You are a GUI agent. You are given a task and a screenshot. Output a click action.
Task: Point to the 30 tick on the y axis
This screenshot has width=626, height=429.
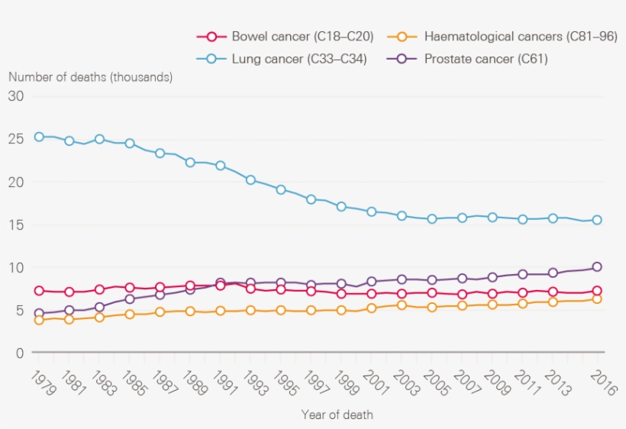(x=17, y=96)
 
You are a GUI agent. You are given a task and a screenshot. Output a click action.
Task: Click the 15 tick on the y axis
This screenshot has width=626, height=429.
(x=17, y=225)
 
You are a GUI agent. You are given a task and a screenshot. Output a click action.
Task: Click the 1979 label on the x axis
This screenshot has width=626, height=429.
(x=37, y=381)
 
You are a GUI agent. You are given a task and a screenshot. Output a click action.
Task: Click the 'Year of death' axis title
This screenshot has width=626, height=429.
(x=337, y=415)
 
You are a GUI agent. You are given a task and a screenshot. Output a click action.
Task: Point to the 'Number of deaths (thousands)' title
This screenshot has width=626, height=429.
(x=90, y=77)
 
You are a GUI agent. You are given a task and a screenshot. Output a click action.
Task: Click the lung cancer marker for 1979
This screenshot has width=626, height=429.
(x=39, y=137)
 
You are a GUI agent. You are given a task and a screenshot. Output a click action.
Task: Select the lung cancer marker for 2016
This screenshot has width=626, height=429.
(x=597, y=220)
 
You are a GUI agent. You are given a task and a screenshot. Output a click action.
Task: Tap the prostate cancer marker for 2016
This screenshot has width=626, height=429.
(x=597, y=267)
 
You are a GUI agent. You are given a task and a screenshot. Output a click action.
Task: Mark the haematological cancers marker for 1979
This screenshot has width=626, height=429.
(x=39, y=320)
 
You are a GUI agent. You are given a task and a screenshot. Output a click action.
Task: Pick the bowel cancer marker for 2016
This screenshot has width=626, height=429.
(x=597, y=291)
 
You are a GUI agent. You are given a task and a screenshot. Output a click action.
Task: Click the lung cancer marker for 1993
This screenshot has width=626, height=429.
(x=250, y=180)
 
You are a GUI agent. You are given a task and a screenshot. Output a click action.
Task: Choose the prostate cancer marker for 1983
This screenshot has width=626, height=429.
(x=99, y=308)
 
